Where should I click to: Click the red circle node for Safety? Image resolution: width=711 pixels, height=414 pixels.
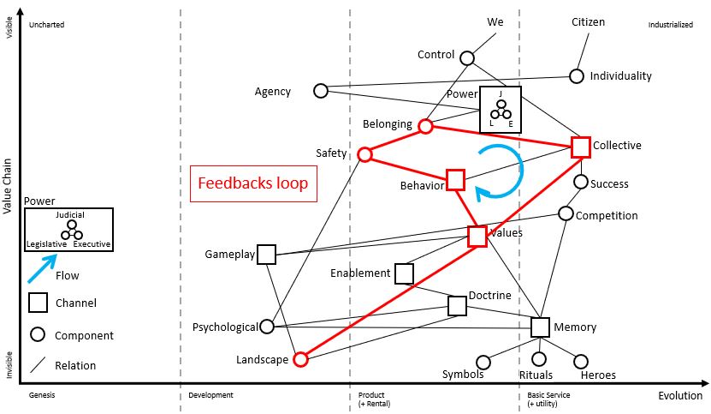(x=364, y=154)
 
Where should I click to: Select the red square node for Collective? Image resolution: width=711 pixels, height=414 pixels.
(x=581, y=147)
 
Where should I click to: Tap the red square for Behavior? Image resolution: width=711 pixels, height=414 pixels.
(x=455, y=179)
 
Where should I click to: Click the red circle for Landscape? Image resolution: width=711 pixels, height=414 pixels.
(x=299, y=359)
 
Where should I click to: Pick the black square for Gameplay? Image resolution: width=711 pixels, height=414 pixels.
(x=266, y=254)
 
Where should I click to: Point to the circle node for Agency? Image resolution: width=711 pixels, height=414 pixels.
(x=321, y=90)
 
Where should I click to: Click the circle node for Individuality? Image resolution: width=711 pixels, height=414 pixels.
(x=577, y=75)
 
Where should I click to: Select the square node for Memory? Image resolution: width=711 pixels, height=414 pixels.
(x=540, y=327)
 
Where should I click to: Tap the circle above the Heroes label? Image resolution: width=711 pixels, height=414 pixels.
(x=581, y=362)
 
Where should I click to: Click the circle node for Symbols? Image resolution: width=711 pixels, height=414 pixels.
(x=483, y=363)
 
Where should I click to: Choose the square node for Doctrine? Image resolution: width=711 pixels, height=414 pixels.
(x=458, y=305)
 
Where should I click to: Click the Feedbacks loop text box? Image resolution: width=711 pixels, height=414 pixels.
(x=252, y=183)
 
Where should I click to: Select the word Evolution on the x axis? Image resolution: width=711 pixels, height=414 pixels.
(x=680, y=395)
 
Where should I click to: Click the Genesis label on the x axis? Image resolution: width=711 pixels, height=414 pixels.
(x=42, y=395)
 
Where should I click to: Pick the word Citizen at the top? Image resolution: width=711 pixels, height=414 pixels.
(x=588, y=21)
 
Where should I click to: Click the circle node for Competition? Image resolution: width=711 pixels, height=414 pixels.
(x=566, y=213)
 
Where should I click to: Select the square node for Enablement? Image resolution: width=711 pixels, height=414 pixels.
(x=404, y=273)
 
